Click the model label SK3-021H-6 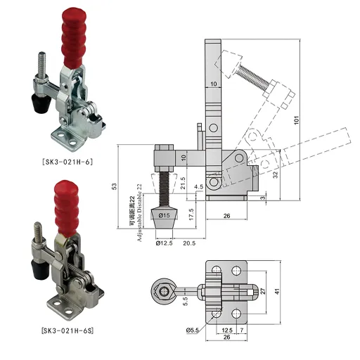[x=67, y=162]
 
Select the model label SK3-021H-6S [x=67, y=330]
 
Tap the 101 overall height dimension [x=297, y=120]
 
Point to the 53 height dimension [x=114, y=186]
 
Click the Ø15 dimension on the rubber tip [x=164, y=215]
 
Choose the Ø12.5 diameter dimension [x=164, y=243]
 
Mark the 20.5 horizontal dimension [x=189, y=243]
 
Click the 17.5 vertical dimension [x=191, y=214]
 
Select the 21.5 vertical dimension [x=183, y=183]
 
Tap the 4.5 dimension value [x=198, y=187]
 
